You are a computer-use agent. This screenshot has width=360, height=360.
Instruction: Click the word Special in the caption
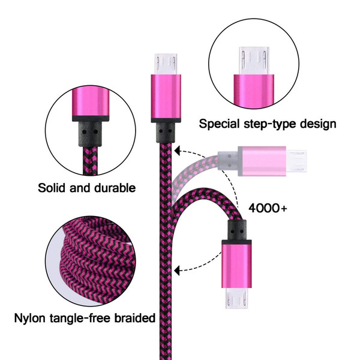[219, 124]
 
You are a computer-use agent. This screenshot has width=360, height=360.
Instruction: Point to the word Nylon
[29, 319]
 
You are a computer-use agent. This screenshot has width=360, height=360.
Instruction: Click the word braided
[135, 318]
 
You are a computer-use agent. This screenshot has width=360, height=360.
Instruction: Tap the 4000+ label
[268, 208]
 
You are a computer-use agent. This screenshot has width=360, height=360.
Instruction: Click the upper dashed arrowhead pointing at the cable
[177, 151]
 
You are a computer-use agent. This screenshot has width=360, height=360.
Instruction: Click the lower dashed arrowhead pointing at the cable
[177, 271]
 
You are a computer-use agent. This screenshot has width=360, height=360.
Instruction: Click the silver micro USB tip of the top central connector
[166, 64]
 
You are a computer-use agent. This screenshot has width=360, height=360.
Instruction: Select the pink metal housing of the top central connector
[166, 98]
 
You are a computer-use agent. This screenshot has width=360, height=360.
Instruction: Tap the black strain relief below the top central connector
[166, 133]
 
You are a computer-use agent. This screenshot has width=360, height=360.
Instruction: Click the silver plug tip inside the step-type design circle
[254, 61]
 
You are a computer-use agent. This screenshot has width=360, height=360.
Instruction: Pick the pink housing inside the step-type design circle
[254, 91]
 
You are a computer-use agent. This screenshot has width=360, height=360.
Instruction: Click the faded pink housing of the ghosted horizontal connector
[262, 161]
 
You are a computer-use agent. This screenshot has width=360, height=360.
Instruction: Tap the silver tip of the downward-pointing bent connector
[236, 298]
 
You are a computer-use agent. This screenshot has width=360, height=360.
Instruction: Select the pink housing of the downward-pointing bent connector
[236, 264]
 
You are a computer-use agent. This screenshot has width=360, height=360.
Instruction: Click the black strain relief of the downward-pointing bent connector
[237, 230]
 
